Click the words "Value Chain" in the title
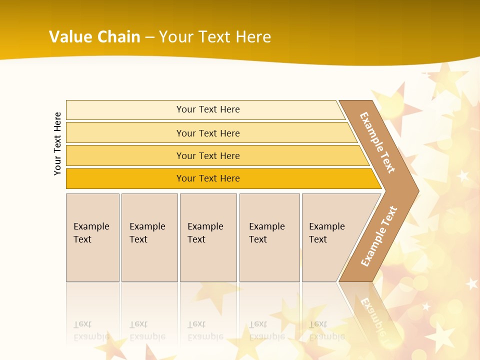(94, 37)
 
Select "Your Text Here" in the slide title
(215, 37)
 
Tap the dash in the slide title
(149, 37)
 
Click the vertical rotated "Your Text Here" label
(57, 143)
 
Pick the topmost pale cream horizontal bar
(208, 109)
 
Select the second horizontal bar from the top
(208, 133)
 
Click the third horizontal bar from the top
(208, 155)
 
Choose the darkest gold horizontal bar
(208, 178)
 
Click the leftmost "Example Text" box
(92, 237)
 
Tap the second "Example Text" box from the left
(149, 237)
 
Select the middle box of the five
(208, 237)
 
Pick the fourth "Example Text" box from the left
(269, 237)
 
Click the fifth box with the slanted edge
(330, 237)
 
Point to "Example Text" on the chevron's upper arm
(377, 142)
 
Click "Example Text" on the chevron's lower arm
(378, 236)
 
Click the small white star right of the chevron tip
(463, 176)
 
